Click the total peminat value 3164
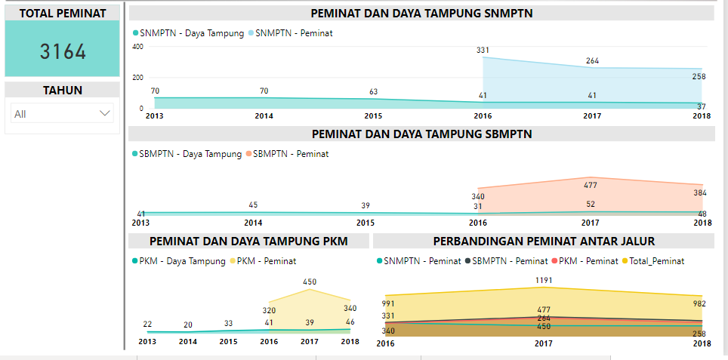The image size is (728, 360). [63, 51]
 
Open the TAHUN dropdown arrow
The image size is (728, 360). [105, 113]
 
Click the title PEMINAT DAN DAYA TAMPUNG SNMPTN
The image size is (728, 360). [422, 14]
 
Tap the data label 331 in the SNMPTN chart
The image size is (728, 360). [483, 50]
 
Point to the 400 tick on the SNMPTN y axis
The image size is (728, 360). [137, 46]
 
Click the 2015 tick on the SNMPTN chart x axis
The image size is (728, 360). [373, 116]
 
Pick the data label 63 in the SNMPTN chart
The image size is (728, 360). [373, 91]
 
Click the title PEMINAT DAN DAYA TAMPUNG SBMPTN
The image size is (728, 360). [422, 134]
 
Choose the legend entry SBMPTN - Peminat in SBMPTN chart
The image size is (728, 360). [291, 154]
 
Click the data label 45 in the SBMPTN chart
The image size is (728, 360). [253, 205]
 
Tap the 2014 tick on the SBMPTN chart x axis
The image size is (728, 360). [253, 223]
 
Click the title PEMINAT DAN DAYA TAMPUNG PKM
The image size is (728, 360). [249, 242]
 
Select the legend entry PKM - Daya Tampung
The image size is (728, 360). [181, 261]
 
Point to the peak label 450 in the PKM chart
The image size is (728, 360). [310, 282]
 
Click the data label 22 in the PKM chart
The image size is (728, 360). [147, 325]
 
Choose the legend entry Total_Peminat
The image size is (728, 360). [656, 261]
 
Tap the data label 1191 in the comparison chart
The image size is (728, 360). [544, 280]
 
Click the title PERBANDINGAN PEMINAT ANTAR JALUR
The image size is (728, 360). [544, 242]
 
